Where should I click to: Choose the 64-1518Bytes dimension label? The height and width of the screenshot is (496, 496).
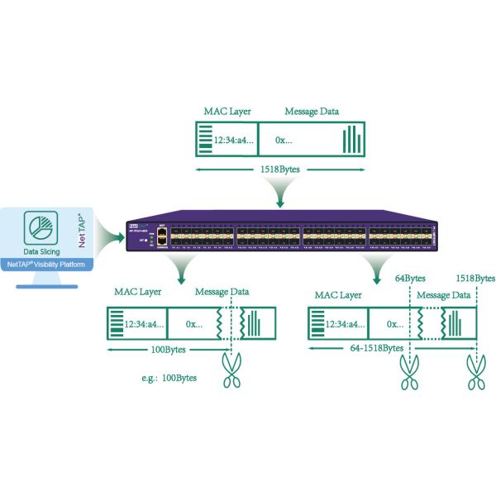[373, 351]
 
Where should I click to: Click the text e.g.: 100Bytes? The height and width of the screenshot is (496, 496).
[169, 378]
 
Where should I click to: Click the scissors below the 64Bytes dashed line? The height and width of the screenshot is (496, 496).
[410, 367]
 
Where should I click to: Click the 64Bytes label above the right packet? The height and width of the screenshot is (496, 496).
[411, 279]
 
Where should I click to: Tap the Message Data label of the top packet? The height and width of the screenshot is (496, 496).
[311, 112]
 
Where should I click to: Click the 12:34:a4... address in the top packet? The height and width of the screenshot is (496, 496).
[235, 141]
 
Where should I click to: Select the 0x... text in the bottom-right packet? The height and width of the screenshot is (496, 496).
[396, 325]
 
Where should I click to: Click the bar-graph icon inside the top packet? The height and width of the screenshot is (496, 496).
[353, 139]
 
